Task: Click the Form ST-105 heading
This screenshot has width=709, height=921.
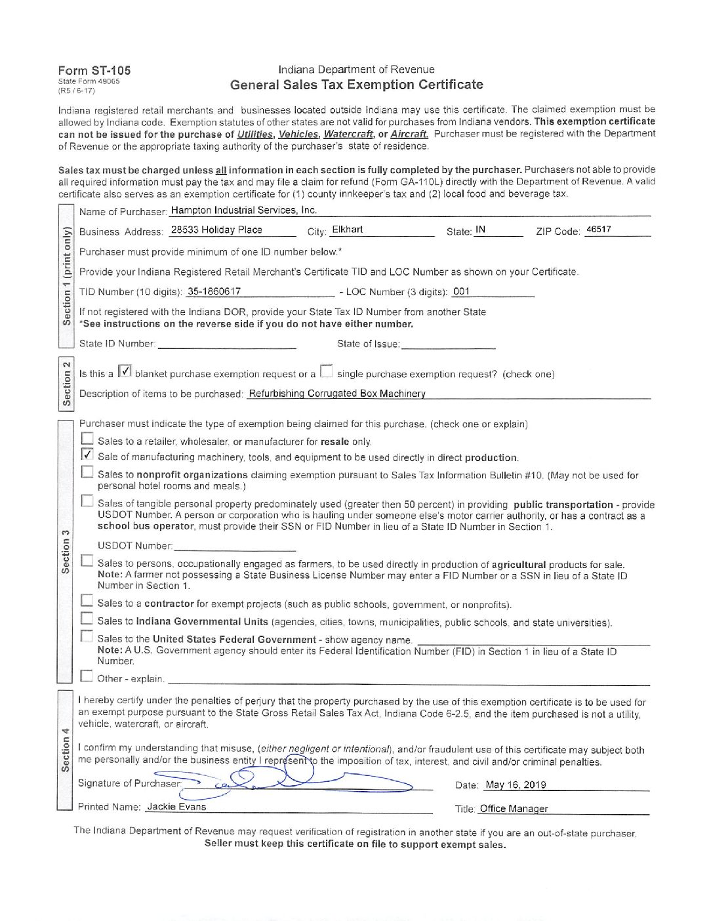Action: coord(94,70)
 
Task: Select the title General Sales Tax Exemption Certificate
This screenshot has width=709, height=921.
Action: coord(356,85)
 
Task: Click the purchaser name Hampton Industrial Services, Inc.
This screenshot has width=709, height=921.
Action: coord(243,211)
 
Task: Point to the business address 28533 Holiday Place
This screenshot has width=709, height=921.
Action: coord(216,230)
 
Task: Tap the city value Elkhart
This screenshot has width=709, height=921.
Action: coord(347,230)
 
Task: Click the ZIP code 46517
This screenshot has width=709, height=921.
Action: coord(598,230)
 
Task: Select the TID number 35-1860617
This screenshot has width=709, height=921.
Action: coord(214,291)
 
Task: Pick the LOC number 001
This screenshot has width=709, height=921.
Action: coord(462,291)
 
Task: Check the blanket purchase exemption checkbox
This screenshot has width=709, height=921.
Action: coord(125,372)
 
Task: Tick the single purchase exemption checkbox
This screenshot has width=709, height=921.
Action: coord(326,372)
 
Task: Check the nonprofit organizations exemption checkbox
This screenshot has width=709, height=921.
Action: coord(87,472)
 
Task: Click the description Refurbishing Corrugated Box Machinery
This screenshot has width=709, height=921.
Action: coord(337,394)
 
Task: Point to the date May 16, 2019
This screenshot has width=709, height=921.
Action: coord(516,785)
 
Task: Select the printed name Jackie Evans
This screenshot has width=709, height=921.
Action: coord(176,807)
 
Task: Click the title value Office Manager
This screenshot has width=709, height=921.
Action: coord(514,809)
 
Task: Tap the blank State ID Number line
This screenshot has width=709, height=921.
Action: coord(227,344)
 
